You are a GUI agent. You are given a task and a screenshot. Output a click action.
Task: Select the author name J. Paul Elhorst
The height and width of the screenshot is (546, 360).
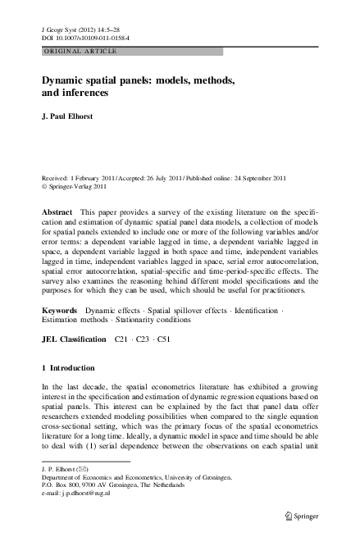click(x=75, y=117)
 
